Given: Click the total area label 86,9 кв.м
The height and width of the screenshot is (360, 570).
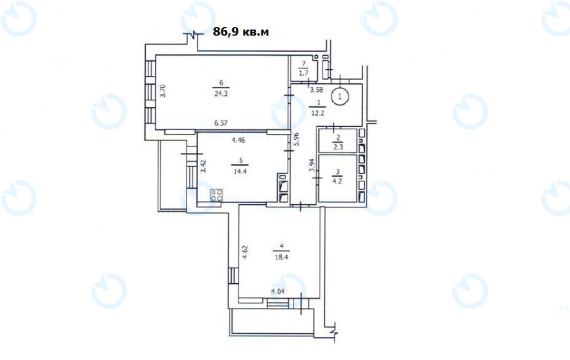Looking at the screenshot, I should coord(242,31).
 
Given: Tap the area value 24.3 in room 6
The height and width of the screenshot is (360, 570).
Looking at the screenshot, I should coord(221,92).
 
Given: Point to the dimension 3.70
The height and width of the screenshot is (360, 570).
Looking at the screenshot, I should coord(164,91).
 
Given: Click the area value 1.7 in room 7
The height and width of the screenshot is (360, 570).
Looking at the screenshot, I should coord(303,72).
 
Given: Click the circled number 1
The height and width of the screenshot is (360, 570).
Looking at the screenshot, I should coord(340,97).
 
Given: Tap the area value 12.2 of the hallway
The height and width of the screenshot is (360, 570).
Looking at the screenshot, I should coord(318,112).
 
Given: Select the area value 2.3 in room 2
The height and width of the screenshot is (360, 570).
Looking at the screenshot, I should coord(338,147).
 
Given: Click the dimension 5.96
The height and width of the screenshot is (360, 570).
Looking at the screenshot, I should coord(297,139).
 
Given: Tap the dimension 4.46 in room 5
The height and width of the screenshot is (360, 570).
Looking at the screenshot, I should coord(238,140).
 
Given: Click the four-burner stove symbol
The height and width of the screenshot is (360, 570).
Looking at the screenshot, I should coord(217,194).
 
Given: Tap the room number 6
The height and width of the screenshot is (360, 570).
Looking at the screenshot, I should coord(221,83).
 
